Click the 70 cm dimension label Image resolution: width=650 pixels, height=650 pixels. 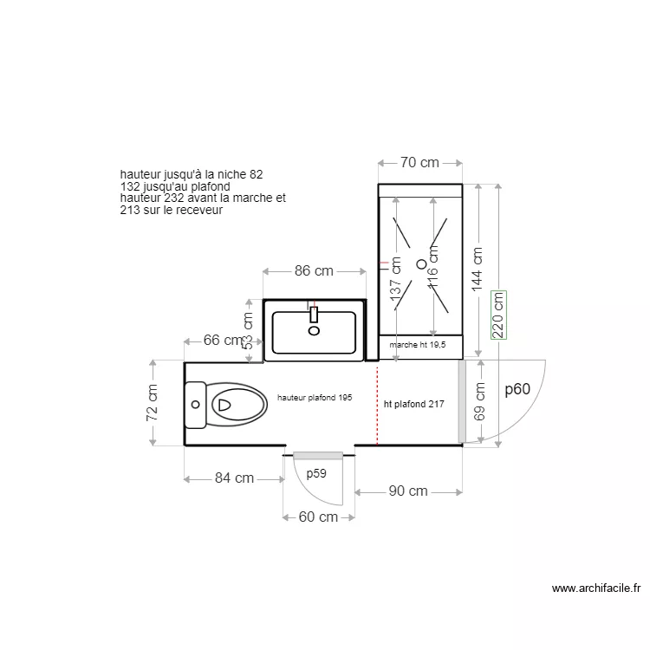click(x=420, y=162)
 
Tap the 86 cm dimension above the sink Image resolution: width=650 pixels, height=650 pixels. click(x=314, y=270)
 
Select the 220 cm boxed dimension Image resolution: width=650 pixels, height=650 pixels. click(x=498, y=314)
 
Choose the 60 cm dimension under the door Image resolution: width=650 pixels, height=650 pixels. click(x=318, y=517)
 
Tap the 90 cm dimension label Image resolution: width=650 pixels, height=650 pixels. click(x=407, y=491)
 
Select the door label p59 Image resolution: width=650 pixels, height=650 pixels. click(x=316, y=473)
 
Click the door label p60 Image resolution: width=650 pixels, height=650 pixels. click(x=517, y=389)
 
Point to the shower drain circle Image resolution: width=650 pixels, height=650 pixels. click(x=421, y=263)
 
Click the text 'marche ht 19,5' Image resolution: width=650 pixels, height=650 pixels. click(x=417, y=345)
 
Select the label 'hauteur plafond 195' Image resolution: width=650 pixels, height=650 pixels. click(x=314, y=397)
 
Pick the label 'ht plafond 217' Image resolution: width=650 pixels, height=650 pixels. click(x=413, y=404)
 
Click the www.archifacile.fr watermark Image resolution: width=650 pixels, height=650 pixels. click(x=596, y=587)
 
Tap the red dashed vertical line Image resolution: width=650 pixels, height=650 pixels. click(x=378, y=403)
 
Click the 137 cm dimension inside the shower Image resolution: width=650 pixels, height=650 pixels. click(x=394, y=278)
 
